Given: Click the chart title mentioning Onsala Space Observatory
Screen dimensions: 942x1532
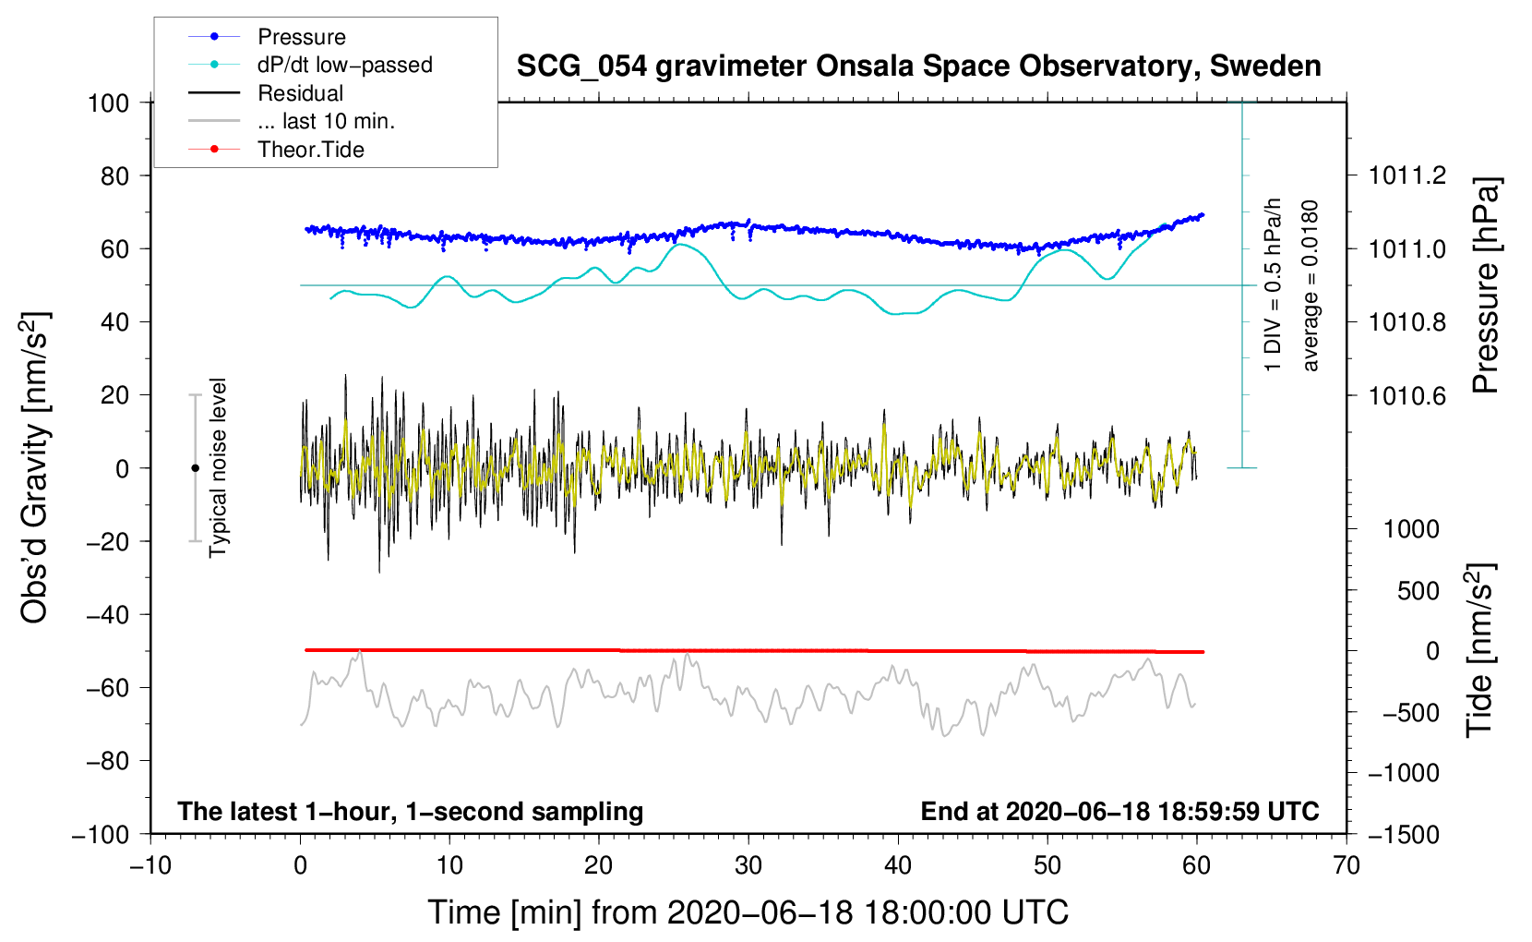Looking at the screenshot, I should (x=918, y=66).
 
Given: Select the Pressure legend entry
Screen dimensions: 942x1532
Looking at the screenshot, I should (x=301, y=37).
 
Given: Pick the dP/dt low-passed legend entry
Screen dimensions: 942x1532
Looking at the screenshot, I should (x=344, y=65).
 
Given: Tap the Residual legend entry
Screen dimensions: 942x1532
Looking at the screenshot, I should (x=300, y=93).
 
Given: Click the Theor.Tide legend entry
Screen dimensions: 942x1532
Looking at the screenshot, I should (x=310, y=150).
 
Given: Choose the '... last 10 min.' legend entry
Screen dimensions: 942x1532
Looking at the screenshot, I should (x=326, y=121).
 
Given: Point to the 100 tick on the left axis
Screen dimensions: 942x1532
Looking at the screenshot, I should (x=108, y=103).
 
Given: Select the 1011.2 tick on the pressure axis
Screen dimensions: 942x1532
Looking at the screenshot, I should (x=1407, y=175).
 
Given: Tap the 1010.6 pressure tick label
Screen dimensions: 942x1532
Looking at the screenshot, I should (x=1407, y=395).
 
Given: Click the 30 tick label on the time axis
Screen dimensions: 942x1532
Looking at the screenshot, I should (x=748, y=865).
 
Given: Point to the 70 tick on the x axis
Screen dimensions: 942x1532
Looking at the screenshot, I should (x=1346, y=865).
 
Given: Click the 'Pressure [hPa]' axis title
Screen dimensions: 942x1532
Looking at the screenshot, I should (x=1484, y=285).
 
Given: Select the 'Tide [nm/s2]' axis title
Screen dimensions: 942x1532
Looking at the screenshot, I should (x=1480, y=651).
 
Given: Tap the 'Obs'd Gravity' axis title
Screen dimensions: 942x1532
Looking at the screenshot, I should (x=34, y=468).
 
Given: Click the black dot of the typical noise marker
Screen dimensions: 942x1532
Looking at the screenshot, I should (x=195, y=468).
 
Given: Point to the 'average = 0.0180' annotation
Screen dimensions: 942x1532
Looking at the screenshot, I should (x=1311, y=285).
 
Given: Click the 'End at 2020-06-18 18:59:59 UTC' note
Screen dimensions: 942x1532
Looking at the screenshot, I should (x=1119, y=812).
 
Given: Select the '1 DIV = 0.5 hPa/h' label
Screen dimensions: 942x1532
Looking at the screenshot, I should (x=1274, y=285).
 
